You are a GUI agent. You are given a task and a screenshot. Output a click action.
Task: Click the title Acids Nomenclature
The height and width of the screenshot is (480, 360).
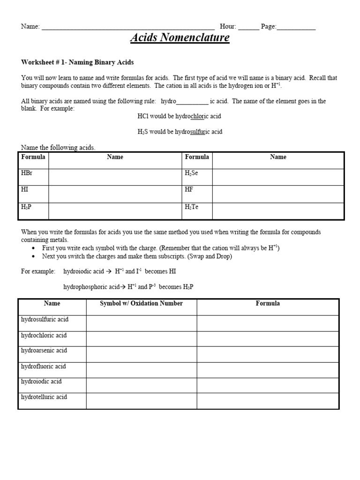[x=180, y=38]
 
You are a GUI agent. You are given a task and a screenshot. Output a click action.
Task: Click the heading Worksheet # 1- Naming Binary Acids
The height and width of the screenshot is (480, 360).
[x=78, y=62]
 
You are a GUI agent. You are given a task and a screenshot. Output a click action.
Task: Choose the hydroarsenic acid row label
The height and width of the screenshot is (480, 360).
[x=45, y=351]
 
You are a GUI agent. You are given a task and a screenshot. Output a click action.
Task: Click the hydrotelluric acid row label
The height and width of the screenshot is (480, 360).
[x=45, y=397]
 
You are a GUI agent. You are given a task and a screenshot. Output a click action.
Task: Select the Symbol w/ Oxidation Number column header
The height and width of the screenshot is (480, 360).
[x=141, y=304]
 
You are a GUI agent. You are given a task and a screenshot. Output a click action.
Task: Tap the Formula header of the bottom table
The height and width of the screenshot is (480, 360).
[x=268, y=304]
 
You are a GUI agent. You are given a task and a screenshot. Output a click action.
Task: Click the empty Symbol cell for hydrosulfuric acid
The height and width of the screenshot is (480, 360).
[x=141, y=323]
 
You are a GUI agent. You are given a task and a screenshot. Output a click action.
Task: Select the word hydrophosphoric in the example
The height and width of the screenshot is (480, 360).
[x=83, y=287]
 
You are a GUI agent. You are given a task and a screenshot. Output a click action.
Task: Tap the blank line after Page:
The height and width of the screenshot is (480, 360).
[x=296, y=27]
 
